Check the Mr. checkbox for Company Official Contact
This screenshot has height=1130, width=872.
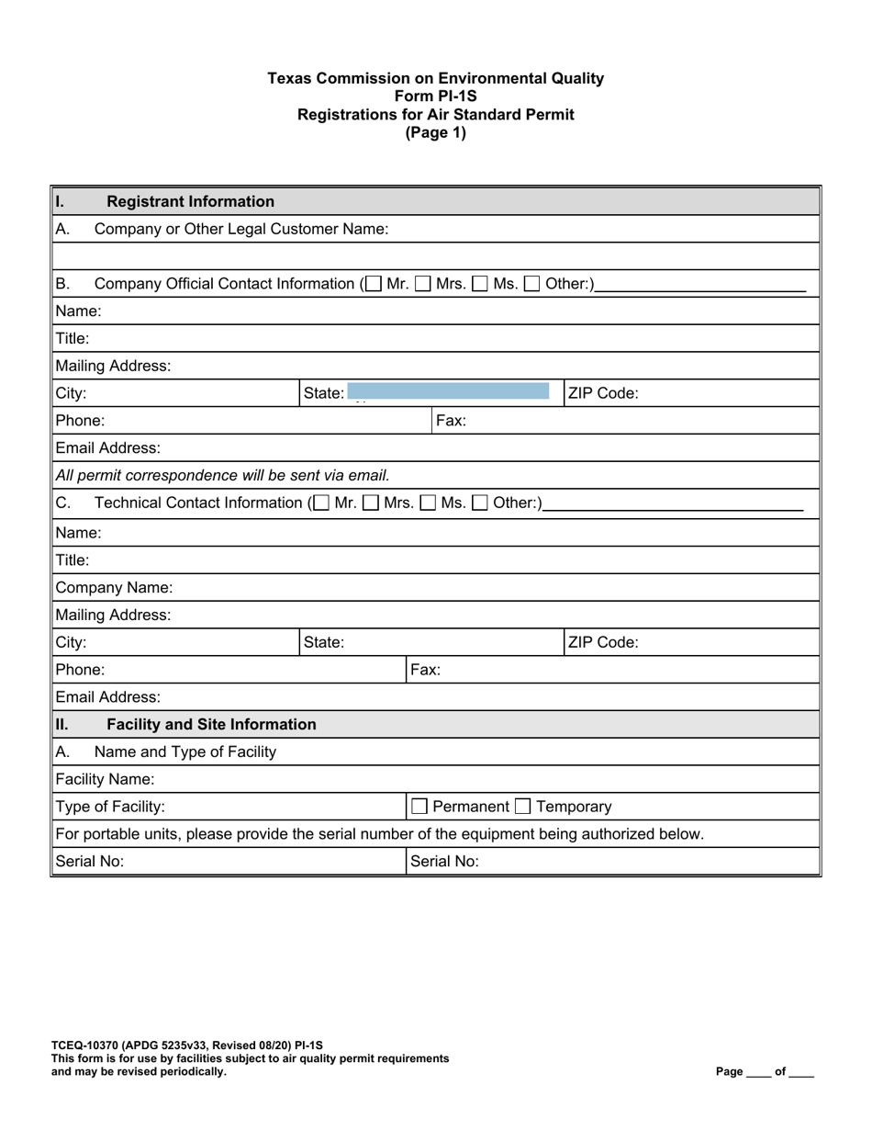[372, 285]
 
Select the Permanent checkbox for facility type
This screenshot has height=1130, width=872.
[419, 808]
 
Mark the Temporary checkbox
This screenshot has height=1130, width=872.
[522, 808]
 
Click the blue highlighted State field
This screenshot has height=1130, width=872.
[449, 393]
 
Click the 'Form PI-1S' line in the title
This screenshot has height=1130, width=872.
[435, 96]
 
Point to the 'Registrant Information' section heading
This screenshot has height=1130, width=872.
[190, 201]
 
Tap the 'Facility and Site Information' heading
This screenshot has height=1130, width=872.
[211, 725]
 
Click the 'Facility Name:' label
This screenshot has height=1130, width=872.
[105, 780]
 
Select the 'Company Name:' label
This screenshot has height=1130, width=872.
[114, 587]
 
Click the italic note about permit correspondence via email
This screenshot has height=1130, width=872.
[222, 476]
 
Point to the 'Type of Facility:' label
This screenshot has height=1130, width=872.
[110, 808]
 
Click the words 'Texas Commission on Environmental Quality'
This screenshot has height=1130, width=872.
[435, 79]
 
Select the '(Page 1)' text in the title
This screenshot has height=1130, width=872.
[435, 132]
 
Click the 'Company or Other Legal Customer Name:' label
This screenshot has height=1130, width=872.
[241, 229]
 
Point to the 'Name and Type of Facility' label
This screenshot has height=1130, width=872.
[184, 752]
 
